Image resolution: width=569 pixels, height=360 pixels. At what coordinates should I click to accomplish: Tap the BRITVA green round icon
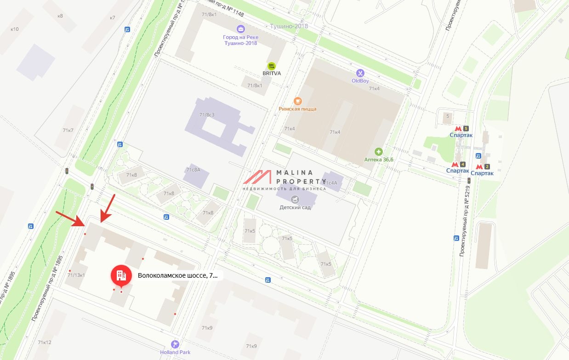271,66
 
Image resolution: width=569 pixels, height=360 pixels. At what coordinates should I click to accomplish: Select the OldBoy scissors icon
360,73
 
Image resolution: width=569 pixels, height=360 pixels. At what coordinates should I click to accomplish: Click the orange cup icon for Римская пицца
297,101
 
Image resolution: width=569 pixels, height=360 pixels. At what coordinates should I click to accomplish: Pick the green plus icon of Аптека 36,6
379,151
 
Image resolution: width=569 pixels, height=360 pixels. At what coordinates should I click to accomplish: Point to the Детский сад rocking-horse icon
295,199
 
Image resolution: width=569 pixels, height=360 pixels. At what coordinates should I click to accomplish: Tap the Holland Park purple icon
175,344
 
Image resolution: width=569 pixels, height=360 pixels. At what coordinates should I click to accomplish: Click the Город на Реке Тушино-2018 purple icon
240,29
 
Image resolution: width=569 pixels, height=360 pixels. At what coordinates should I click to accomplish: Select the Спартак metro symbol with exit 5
458,129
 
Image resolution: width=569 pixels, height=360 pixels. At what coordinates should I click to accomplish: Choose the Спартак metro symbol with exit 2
479,166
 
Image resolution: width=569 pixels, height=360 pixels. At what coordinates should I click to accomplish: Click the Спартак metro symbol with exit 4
455,164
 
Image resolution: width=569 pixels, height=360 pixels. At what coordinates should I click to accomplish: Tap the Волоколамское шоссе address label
177,276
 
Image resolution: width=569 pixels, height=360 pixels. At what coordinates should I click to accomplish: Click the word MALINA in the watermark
295,173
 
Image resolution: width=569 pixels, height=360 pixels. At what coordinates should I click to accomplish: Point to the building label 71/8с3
207,114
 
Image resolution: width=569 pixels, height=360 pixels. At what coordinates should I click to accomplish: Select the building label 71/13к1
76,275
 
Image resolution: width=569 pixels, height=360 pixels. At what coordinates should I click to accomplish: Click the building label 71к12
45,343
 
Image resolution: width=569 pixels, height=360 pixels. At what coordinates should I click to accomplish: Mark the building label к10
15,29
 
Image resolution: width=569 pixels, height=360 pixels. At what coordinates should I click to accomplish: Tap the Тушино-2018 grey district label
289,26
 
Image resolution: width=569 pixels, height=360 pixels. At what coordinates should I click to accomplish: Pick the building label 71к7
68,130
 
